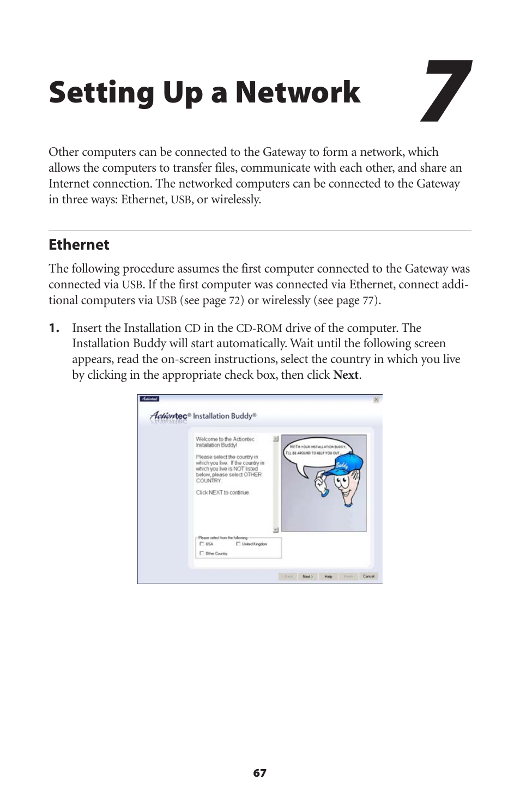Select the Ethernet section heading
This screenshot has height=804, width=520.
(79, 245)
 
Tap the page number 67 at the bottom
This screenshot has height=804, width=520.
(260, 773)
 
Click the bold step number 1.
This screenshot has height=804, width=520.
(54, 328)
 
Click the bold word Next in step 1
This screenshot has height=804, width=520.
(346, 375)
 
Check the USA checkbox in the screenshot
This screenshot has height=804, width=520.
(202, 544)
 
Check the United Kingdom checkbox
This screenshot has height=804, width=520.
(238, 544)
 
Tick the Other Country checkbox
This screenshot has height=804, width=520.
(202, 553)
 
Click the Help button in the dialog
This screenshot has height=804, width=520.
(328, 576)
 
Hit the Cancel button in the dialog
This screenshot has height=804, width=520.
(368, 576)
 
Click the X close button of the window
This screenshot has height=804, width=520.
(376, 400)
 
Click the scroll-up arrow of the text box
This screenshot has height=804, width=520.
(276, 438)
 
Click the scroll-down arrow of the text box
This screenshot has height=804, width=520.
(276, 529)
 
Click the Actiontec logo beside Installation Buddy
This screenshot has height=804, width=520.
(169, 416)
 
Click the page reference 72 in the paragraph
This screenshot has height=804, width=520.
(235, 301)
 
